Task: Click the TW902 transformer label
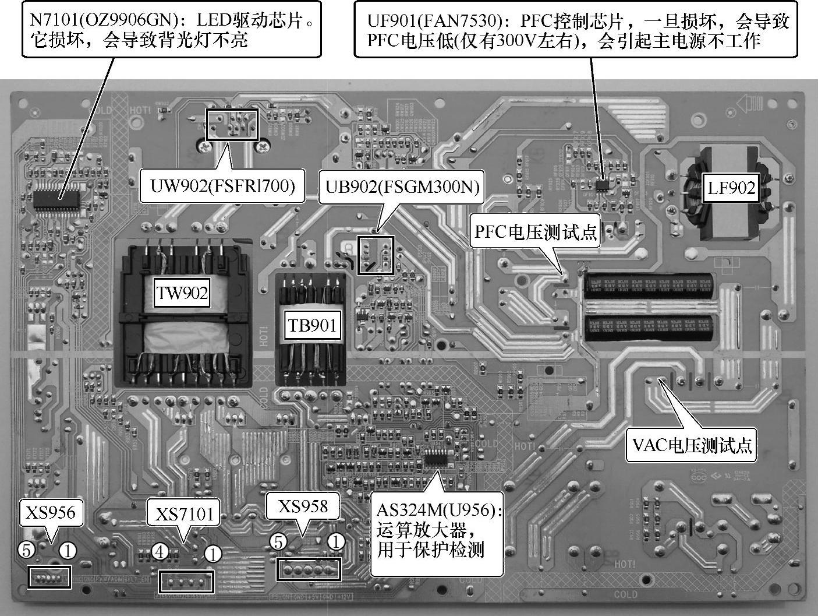pyautogui.click(x=182, y=292)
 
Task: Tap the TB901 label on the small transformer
pyautogui.click(x=311, y=325)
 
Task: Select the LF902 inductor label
pyautogui.click(x=731, y=188)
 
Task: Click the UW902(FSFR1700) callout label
pyautogui.click(x=222, y=186)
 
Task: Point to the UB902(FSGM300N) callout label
pyautogui.click(x=402, y=186)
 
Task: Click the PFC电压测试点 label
pyautogui.click(x=536, y=232)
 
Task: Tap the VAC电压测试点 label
pyautogui.click(x=692, y=446)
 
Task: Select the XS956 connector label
pyautogui.click(x=50, y=512)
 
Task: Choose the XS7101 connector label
pyautogui.click(x=184, y=515)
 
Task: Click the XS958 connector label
pyautogui.click(x=302, y=506)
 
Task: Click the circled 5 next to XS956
pyautogui.click(x=26, y=549)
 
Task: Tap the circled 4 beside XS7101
pyautogui.click(x=160, y=551)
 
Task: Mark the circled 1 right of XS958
pyautogui.click(x=336, y=542)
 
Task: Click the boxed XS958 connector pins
pyautogui.click(x=309, y=568)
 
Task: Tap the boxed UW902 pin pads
pyautogui.click(x=232, y=124)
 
